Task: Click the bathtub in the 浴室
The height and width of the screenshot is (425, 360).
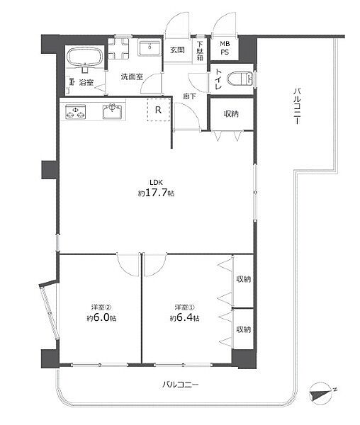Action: pos(85,57)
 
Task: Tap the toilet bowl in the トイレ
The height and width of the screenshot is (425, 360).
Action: pos(240,79)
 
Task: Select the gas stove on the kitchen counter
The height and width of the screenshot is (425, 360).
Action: pos(75,112)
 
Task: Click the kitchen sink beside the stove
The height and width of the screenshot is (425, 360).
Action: pos(112,111)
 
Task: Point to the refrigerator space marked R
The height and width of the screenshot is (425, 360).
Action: pos(159,110)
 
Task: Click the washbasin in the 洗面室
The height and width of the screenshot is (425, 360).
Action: pos(149,48)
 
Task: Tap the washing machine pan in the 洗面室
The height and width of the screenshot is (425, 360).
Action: pos(118,48)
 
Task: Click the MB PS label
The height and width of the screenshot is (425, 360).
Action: pos(225,48)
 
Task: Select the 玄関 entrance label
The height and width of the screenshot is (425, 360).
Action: pos(178,50)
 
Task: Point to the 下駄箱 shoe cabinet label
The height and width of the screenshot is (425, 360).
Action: pos(200,51)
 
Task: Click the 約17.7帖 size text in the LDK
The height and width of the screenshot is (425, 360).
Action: pos(156,193)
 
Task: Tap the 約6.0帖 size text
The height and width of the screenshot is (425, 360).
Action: pos(101,317)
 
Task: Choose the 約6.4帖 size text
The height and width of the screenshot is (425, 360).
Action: pos(185,317)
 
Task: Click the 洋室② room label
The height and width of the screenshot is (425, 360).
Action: pos(101,307)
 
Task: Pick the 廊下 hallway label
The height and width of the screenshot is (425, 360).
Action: pos(189,96)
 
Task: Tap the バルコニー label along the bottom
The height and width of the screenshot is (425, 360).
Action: pos(181,385)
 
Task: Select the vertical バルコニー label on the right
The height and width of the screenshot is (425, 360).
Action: pos(296,106)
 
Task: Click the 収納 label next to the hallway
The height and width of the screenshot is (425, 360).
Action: pos(231,114)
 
